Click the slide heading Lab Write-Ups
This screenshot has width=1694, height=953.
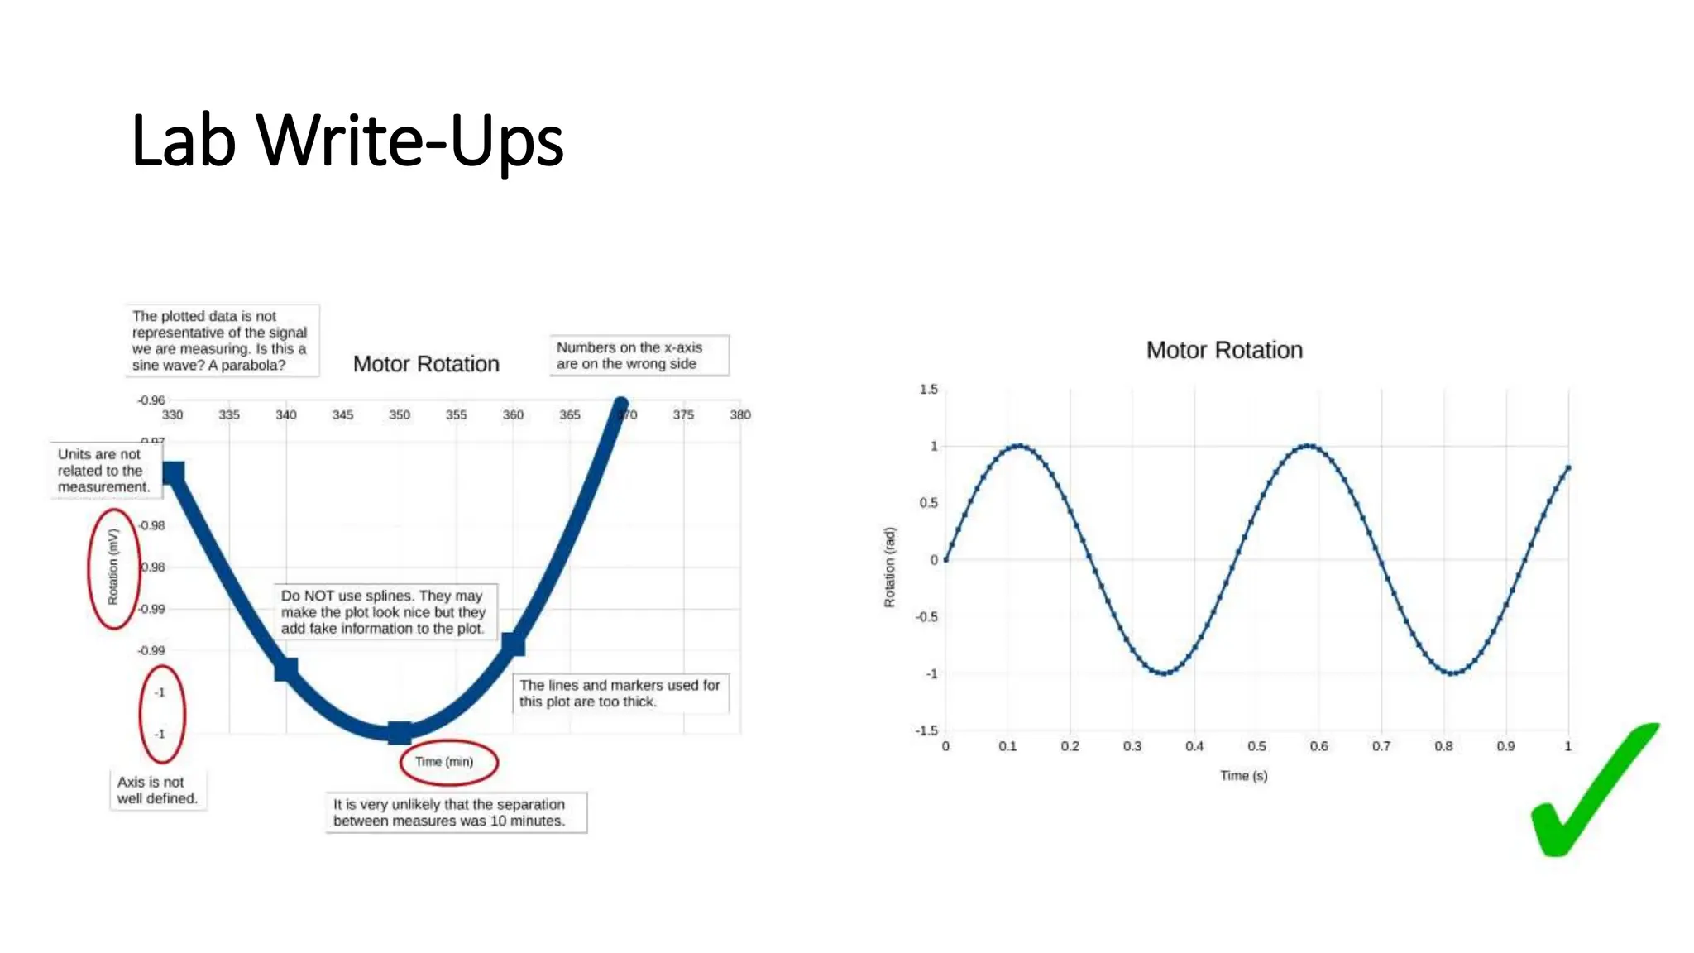click(x=347, y=141)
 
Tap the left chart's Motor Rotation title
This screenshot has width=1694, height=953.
click(x=426, y=364)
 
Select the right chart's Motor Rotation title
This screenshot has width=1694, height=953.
click(x=1224, y=350)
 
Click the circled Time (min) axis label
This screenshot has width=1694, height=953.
click(x=444, y=762)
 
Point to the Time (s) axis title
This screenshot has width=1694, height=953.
click(x=1243, y=776)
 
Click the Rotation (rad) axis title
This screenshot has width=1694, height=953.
click(x=890, y=567)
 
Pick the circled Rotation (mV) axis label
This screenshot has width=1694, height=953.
click(x=113, y=567)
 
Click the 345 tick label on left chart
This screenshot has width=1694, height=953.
click(x=342, y=414)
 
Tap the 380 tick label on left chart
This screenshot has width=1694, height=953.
click(x=739, y=414)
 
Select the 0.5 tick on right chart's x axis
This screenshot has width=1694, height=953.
click(x=1256, y=746)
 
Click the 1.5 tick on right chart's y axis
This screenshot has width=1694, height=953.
click(x=929, y=389)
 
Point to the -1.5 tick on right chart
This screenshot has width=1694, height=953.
click(x=926, y=730)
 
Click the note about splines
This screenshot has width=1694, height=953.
click(x=383, y=612)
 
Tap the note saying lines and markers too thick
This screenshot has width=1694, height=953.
click(x=620, y=693)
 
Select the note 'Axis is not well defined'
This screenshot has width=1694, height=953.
click(x=157, y=790)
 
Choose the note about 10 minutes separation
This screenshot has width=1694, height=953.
click(x=455, y=812)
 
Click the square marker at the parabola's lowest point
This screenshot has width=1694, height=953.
click(x=400, y=732)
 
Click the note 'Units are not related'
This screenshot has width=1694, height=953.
click(x=103, y=471)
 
